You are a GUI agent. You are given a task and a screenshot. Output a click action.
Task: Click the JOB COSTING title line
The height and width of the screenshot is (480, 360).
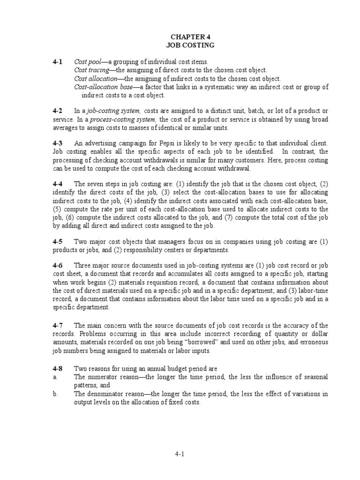tap(190, 45)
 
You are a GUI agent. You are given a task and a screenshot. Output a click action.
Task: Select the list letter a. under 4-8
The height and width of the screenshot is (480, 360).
tap(55, 377)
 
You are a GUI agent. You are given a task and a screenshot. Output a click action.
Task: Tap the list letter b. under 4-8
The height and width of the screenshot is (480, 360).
tap(55, 394)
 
